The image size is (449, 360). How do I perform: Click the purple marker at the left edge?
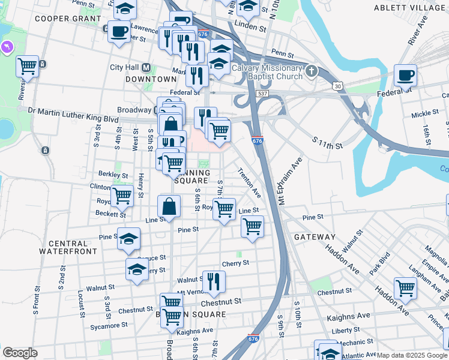click(x=7, y=46)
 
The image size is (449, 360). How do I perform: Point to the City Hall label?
click(x=124, y=67)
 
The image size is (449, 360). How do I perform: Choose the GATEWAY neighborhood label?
click(x=315, y=237)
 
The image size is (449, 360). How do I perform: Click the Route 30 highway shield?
click(x=339, y=87)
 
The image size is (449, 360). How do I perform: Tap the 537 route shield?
click(x=262, y=94)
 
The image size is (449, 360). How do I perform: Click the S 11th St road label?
click(x=327, y=143)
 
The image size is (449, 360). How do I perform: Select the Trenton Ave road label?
click(x=250, y=183)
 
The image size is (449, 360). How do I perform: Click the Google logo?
click(x=20, y=353)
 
